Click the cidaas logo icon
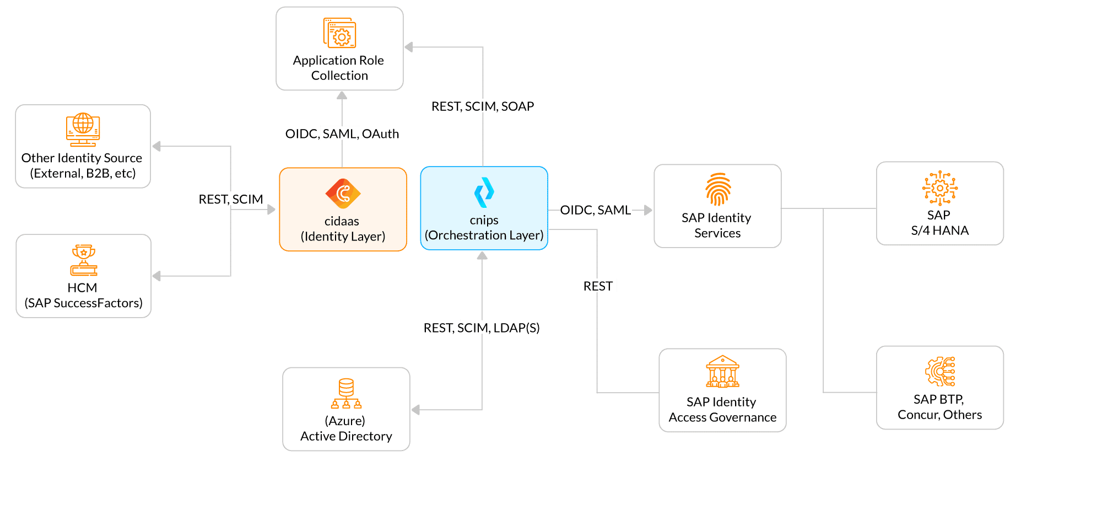click(x=343, y=194)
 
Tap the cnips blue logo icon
click(x=484, y=192)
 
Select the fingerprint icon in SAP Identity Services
click(x=718, y=189)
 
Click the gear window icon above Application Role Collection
click(x=339, y=33)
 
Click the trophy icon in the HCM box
click(x=83, y=260)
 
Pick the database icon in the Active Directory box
click(x=346, y=393)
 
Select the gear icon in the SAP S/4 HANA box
click(x=939, y=187)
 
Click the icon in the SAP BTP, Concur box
click(x=939, y=371)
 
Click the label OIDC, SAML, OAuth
click(x=342, y=133)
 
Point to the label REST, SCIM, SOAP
click(x=483, y=106)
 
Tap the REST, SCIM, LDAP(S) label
click(x=481, y=328)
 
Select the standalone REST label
click(x=597, y=286)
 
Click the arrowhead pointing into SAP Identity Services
click(x=648, y=210)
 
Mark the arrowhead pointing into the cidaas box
click(x=271, y=210)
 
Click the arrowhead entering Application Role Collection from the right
click(x=409, y=47)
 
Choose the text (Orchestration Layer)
click(x=484, y=235)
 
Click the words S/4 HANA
click(x=939, y=230)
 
